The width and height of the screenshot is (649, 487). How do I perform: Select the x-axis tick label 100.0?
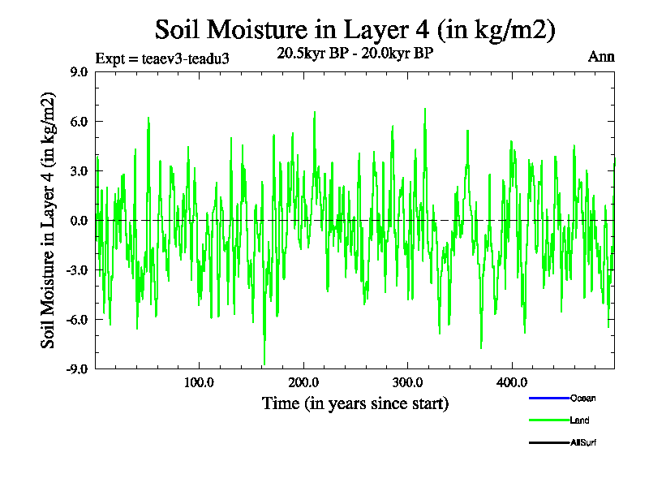(199, 382)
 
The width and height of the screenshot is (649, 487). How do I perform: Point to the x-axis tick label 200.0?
(303, 382)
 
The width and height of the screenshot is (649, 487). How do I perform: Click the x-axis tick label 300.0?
(407, 382)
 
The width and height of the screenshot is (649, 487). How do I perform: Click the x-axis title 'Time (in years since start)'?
(355, 403)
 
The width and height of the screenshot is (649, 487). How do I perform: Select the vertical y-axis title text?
(49, 221)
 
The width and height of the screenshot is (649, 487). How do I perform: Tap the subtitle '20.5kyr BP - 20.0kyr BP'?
(355, 54)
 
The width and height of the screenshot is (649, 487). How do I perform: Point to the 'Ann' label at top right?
(601, 57)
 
